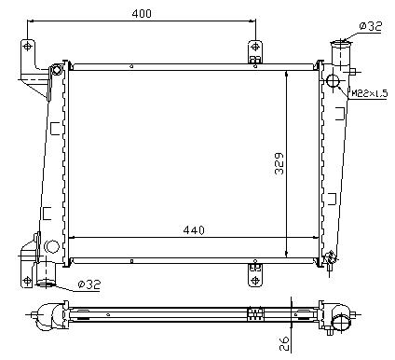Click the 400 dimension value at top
(142, 13)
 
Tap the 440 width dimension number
(194, 230)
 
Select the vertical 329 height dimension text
(279, 163)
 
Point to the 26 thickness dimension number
(284, 343)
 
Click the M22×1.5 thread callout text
(370, 93)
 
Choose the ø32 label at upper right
(371, 26)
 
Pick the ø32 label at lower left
(89, 284)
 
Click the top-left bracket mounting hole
(28, 47)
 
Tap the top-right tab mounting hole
(255, 47)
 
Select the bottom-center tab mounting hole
(255, 280)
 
